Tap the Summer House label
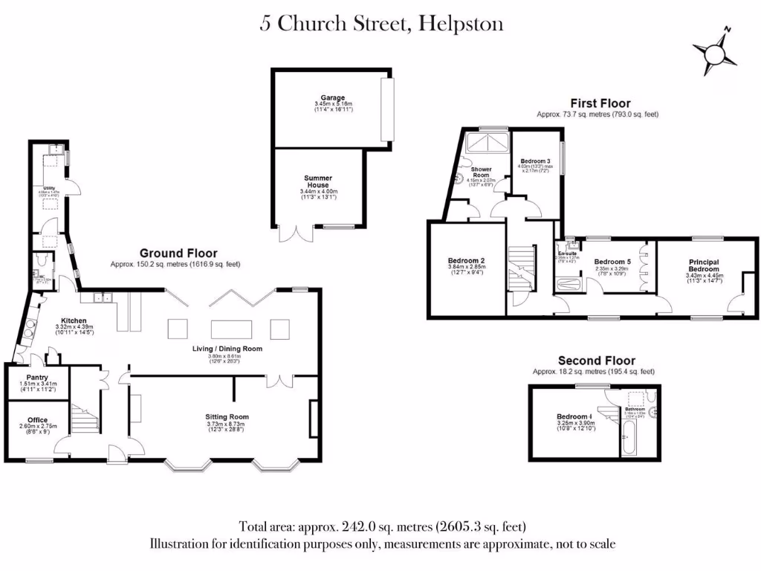click(x=318, y=182)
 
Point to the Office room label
click(x=36, y=420)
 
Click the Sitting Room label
click(x=227, y=417)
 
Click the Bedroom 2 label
click(x=466, y=261)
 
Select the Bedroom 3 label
click(x=535, y=161)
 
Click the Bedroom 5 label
click(x=612, y=262)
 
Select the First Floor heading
click(x=600, y=103)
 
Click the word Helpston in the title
click(x=461, y=24)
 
